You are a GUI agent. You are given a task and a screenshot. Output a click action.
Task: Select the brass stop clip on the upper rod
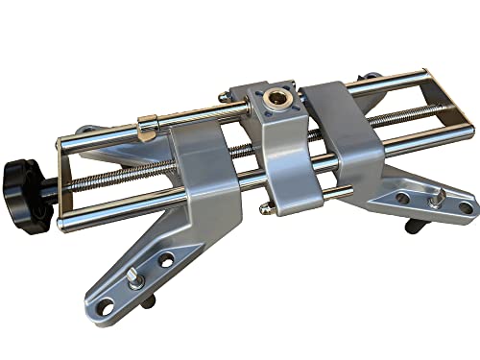click(x=147, y=126)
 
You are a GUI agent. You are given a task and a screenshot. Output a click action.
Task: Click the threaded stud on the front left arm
click(x=134, y=278)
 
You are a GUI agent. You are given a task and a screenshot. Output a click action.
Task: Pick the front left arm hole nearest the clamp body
click(x=167, y=259)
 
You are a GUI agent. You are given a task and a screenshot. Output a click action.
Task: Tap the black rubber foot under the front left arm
click(x=149, y=302)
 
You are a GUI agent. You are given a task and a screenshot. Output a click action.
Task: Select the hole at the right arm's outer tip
click(x=465, y=207)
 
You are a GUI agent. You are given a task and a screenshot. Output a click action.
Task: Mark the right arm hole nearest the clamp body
click(x=402, y=198)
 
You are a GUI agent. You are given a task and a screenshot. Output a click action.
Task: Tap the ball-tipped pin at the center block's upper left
click(x=223, y=96)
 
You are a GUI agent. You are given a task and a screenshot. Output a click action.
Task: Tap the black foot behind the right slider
click(x=370, y=77)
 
